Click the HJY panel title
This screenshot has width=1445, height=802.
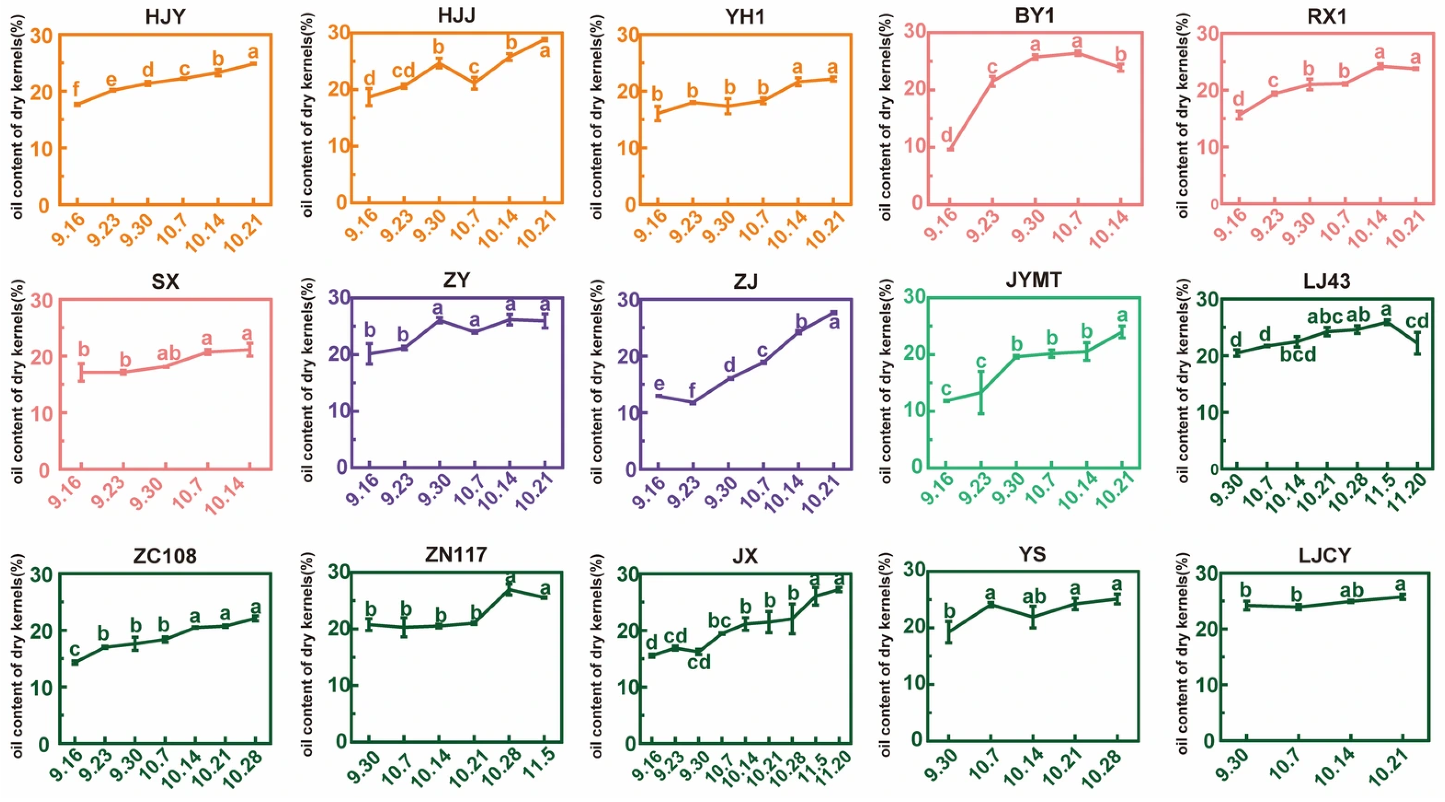165,17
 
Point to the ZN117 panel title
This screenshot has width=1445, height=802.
456,555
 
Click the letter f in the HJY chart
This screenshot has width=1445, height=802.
76,89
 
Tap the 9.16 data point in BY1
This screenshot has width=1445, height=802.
950,149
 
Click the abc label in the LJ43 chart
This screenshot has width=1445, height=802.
1326,317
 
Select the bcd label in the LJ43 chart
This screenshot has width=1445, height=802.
1297,354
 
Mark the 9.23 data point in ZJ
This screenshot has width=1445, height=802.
693,402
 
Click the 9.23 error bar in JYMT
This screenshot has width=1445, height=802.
981,392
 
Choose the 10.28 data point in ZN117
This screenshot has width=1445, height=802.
509,590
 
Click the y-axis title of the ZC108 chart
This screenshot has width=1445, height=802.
19,656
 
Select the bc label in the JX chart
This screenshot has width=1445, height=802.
720,621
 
